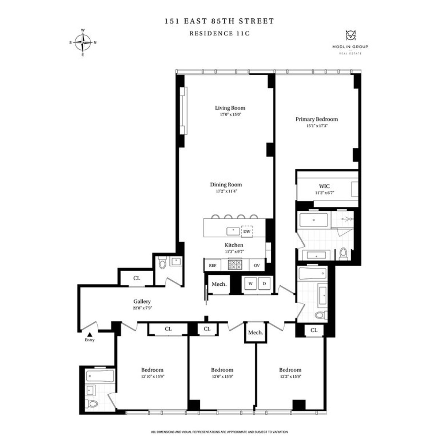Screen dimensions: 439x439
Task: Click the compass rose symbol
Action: coord(83,42)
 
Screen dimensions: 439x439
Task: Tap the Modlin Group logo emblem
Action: coord(350,36)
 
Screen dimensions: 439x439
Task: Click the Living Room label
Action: coord(230,108)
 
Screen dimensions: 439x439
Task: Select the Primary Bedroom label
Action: coord(316,119)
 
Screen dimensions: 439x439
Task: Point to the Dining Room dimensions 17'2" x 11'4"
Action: coord(226,191)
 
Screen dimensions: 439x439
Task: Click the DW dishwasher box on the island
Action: coord(247,232)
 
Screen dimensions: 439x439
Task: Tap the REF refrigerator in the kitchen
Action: coord(213,265)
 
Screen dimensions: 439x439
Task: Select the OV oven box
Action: coord(256,265)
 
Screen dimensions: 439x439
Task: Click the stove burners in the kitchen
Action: coord(235,264)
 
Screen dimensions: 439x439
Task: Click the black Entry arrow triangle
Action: coord(90,334)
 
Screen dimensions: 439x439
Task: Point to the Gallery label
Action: coord(142,301)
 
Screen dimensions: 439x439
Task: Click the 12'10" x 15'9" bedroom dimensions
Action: coord(153,376)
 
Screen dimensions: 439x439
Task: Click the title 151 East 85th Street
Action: coord(219,21)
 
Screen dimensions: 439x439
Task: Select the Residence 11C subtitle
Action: coord(219,33)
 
